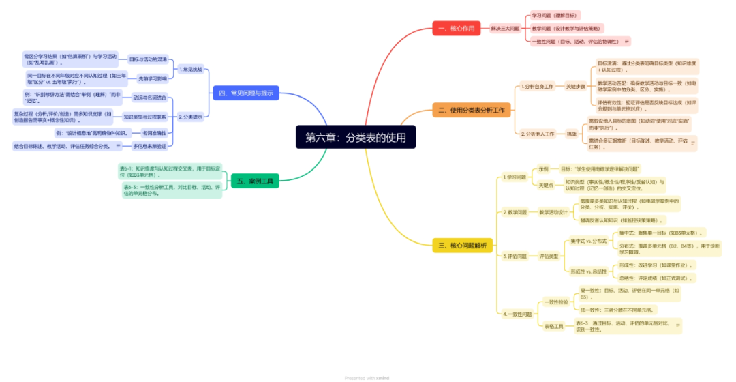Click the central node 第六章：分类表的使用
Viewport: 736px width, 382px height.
355,137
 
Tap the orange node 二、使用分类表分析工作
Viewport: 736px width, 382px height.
472,110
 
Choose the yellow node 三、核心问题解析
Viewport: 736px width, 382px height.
463,246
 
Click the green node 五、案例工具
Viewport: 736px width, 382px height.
254,180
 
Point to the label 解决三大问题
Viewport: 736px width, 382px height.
505,29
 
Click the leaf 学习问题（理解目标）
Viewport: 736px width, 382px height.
554,15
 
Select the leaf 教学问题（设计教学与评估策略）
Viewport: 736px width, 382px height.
566,29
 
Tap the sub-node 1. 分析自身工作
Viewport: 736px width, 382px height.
538,87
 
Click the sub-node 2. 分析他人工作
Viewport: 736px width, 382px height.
538,134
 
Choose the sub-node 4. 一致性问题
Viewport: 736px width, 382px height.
517,314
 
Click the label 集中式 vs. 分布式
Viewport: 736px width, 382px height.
589,240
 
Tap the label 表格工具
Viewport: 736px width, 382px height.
553,327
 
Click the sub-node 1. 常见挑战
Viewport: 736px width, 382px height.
191,69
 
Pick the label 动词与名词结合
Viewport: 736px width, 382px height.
150,98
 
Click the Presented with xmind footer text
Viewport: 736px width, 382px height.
367,377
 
